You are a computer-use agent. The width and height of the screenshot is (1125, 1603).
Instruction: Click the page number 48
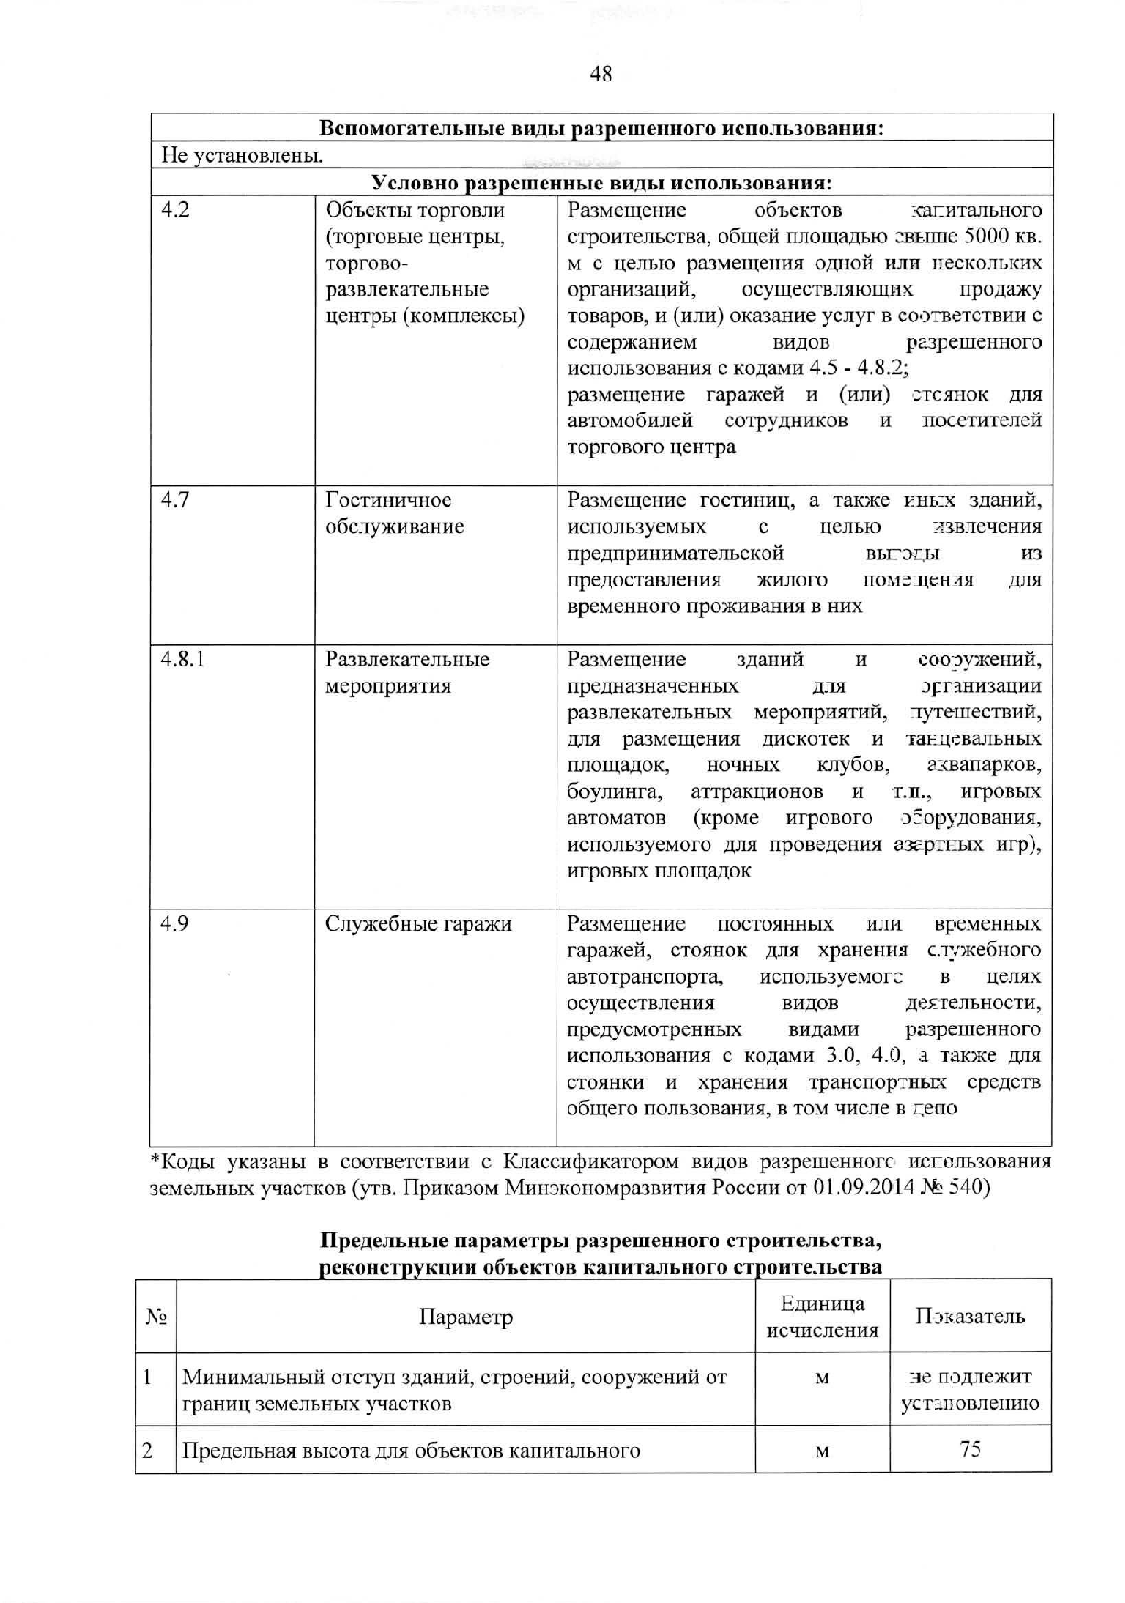pos(600,74)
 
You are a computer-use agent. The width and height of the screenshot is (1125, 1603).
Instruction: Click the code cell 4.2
pos(175,210)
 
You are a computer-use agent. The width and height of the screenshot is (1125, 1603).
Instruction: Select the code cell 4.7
pos(175,500)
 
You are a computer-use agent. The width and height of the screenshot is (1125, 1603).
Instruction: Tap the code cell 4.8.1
pos(182,660)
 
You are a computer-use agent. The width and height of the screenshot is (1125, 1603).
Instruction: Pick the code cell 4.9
pos(175,924)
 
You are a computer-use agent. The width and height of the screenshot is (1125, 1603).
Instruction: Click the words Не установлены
pos(242,155)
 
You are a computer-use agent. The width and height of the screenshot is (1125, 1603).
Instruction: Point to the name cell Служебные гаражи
pos(418,924)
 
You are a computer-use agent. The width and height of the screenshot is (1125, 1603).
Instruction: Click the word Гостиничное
pos(388,500)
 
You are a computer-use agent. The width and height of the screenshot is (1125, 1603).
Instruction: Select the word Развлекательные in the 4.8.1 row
pos(407,660)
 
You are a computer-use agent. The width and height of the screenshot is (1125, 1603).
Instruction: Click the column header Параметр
pos(465,1318)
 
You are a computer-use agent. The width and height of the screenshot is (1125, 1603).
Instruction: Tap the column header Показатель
pos(969,1318)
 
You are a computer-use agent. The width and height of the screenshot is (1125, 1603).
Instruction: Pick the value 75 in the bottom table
pos(970,1449)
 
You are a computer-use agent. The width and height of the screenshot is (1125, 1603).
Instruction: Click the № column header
pos(156,1318)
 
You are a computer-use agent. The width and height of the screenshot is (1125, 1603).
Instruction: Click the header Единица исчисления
pos(822,1318)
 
